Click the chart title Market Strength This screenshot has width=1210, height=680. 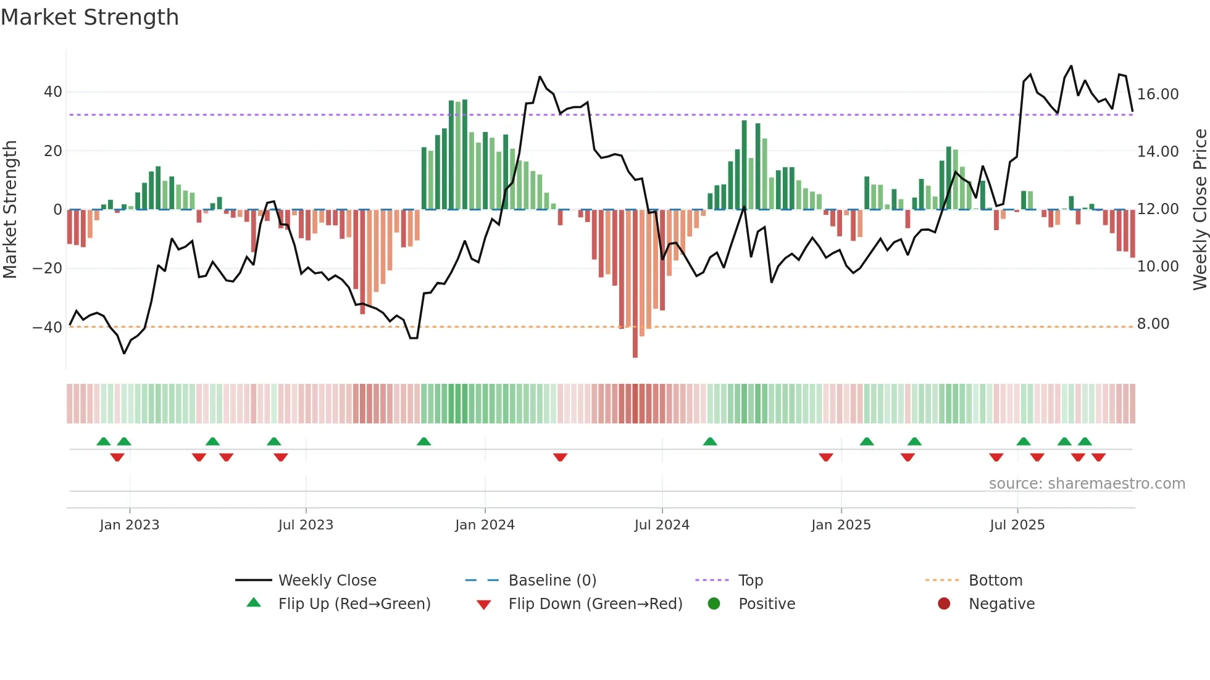point(90,17)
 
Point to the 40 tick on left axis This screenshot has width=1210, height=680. point(52,92)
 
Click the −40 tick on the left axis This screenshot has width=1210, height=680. point(48,327)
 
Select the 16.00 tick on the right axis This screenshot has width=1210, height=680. point(1158,94)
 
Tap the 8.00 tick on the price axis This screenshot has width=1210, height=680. point(1153,323)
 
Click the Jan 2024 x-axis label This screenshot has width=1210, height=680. point(485,525)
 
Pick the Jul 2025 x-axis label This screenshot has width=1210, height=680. point(1017,525)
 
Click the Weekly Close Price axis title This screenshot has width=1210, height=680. point(1200,209)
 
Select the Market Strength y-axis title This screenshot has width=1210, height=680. point(10,209)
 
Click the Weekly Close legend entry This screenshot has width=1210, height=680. point(327,580)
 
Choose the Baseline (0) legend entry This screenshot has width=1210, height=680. point(552,580)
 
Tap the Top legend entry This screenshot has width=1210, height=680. point(750,580)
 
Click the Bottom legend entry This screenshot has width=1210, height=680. point(995,580)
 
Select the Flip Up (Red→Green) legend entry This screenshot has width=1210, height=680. point(354,603)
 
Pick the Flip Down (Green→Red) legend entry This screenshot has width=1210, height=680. point(595,603)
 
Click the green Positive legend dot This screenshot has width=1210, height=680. point(714,603)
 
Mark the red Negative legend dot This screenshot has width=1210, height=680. point(944,603)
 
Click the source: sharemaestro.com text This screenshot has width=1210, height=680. point(1087,483)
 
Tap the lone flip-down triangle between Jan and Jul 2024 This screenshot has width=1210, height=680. point(560,457)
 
